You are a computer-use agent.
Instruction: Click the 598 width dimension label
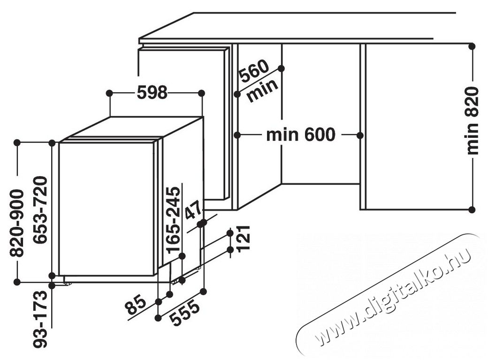pyautogui.click(x=152, y=93)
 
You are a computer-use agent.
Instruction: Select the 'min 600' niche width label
pyautogui.click(x=301, y=135)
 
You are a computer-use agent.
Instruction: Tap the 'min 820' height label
pyautogui.click(x=473, y=121)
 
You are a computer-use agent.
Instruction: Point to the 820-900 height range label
pyautogui.click(x=17, y=224)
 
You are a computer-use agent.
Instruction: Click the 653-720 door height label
pyautogui.click(x=40, y=210)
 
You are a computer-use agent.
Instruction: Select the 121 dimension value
pyautogui.click(x=244, y=238)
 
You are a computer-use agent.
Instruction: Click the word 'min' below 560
pyautogui.click(x=262, y=90)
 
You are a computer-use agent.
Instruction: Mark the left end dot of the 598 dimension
pyautogui.click(x=109, y=93)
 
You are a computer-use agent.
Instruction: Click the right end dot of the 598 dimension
pyautogui.click(x=201, y=93)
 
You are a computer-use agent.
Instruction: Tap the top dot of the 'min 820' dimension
pyautogui.click(x=472, y=46)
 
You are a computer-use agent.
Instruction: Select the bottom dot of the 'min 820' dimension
pyautogui.click(x=472, y=210)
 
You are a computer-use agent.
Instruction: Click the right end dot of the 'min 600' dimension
pyautogui.click(x=360, y=135)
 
